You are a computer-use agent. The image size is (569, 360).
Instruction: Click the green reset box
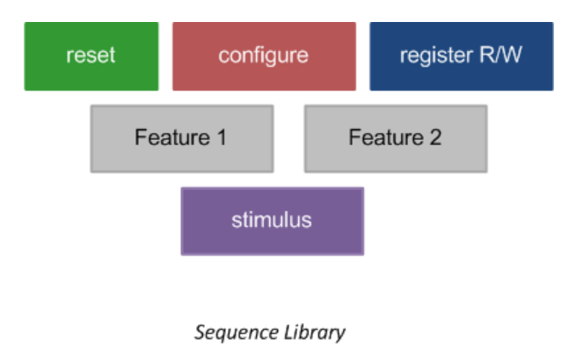pyautogui.click(x=91, y=56)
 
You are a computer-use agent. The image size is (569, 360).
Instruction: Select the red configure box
pyautogui.click(x=264, y=56)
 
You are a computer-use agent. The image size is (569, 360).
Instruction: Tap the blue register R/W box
pyautogui.click(x=461, y=56)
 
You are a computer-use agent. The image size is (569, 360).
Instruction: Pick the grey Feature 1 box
pyautogui.click(x=181, y=138)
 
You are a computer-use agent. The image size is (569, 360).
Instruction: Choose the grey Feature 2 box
pyautogui.click(x=395, y=138)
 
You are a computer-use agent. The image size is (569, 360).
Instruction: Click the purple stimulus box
pyautogui.click(x=272, y=220)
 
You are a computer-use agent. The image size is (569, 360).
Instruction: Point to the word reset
pyautogui.click(x=91, y=55)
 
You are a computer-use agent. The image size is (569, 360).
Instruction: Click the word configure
pyautogui.click(x=264, y=56)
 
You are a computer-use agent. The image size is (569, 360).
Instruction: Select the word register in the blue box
pyautogui.click(x=434, y=56)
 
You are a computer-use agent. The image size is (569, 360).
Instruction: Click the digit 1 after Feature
pyautogui.click(x=222, y=138)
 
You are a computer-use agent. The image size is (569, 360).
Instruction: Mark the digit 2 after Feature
pyautogui.click(x=435, y=138)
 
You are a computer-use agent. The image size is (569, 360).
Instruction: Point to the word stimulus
pyautogui.click(x=272, y=220)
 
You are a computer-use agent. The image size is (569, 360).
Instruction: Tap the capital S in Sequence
pyautogui.click(x=200, y=332)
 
